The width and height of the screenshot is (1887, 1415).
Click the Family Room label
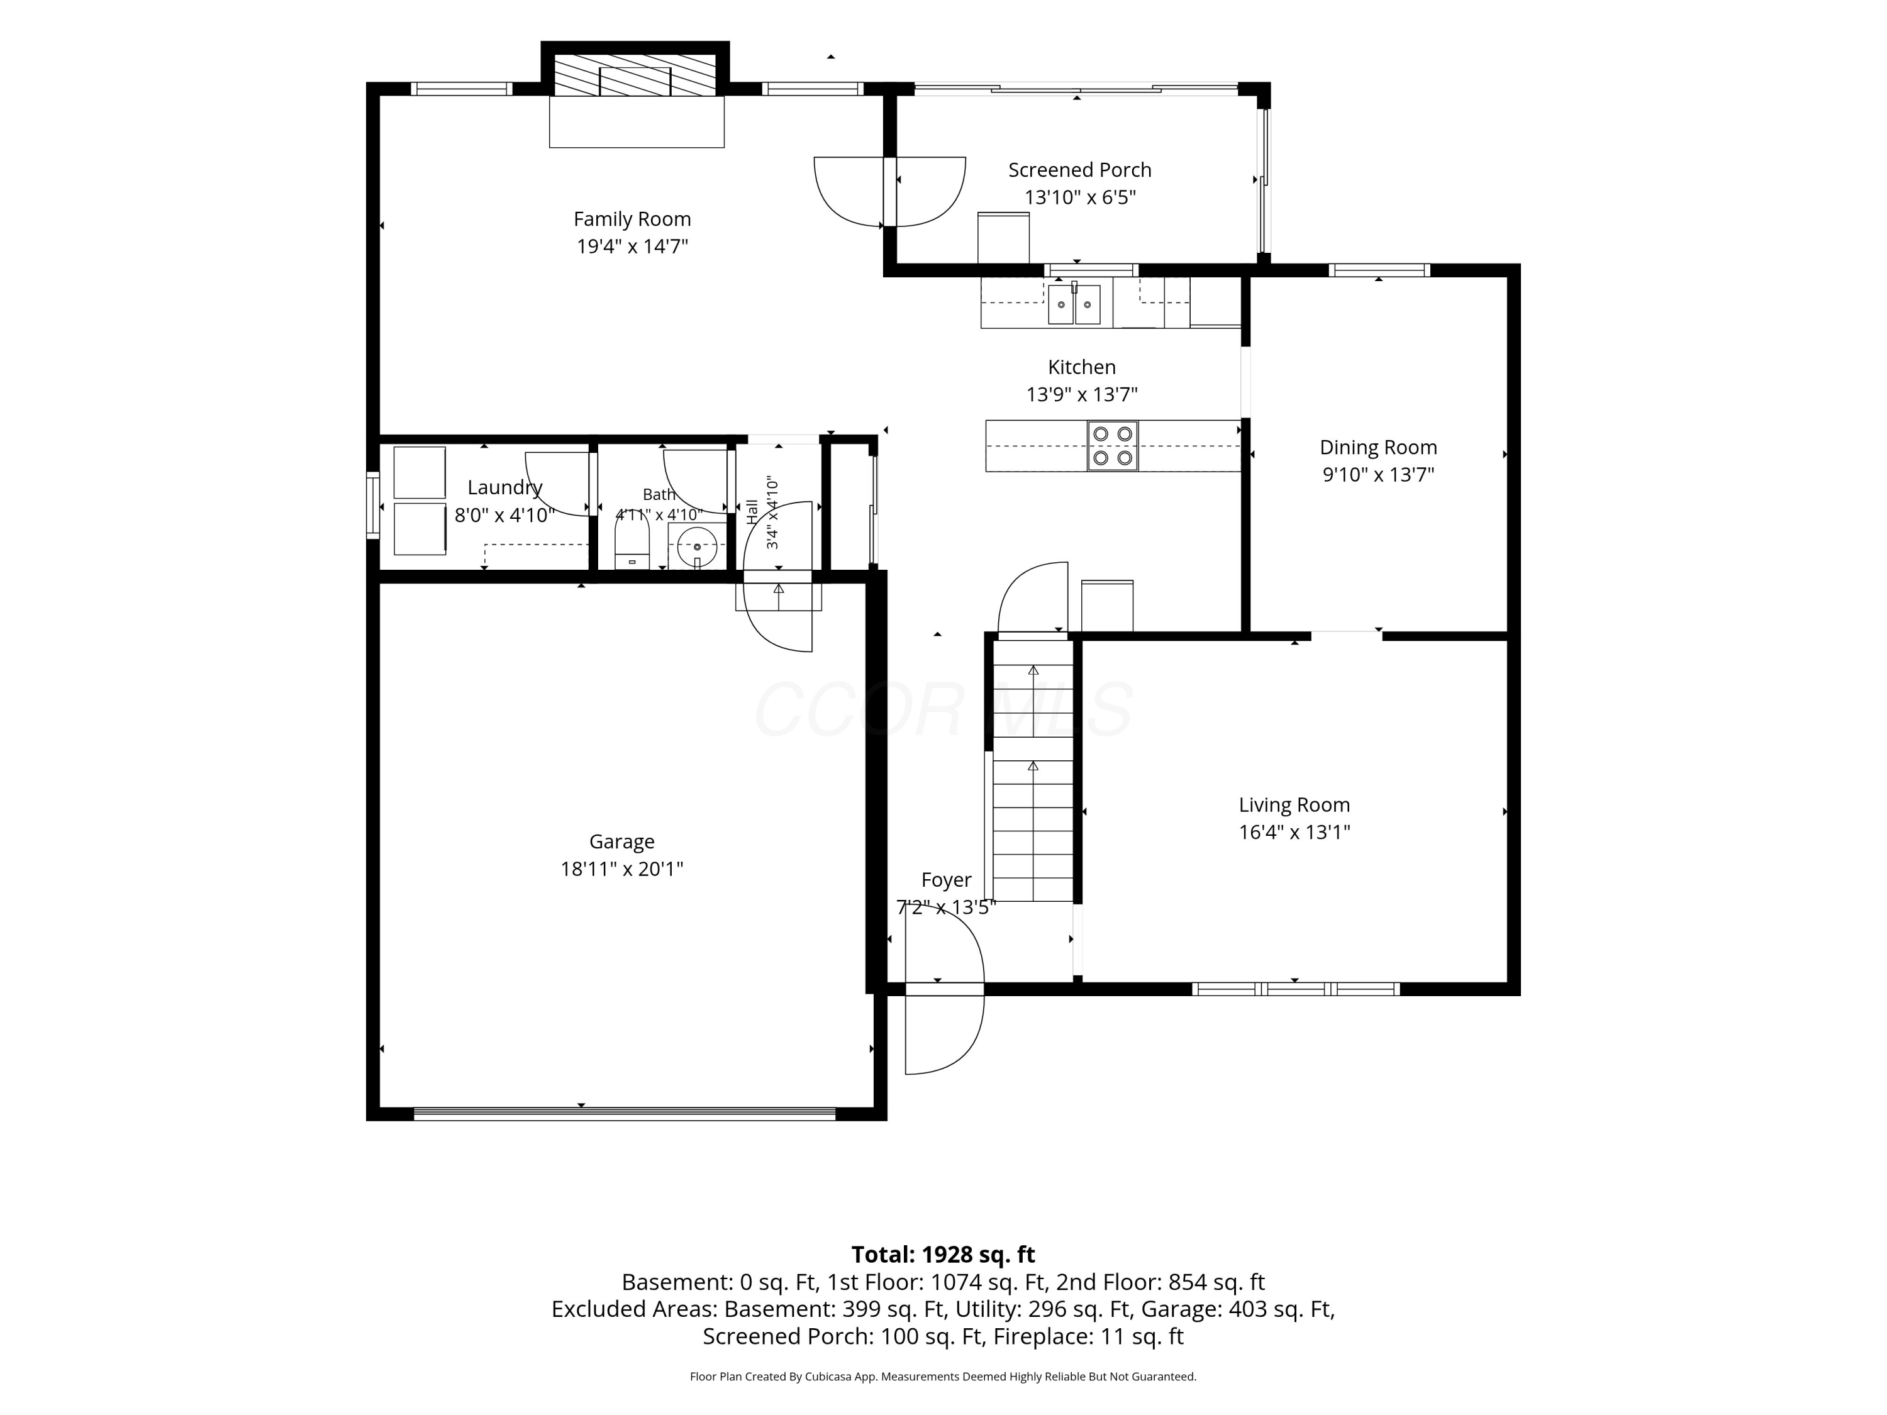pos(632,219)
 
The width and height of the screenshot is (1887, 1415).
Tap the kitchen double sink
pos(1074,304)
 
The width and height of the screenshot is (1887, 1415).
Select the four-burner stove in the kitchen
pos(1113,445)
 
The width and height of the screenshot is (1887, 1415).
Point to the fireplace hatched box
pos(635,75)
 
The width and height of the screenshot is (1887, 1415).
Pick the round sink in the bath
pos(697,547)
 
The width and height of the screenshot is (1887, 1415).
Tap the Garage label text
pos(622,842)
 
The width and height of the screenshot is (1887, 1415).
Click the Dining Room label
pos(1379,448)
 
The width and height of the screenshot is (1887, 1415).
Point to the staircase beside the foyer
pos(1033,770)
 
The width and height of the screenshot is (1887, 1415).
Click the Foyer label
pos(946,879)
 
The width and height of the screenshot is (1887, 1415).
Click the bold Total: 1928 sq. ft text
pos(943,1255)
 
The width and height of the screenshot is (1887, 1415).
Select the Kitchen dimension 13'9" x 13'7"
pos(1082,395)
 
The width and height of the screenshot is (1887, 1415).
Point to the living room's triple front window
pos(1295,989)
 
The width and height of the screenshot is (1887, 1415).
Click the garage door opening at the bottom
pos(625,1113)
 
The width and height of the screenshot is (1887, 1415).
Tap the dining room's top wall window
pos(1379,270)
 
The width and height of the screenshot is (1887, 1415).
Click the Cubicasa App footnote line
pos(943,1377)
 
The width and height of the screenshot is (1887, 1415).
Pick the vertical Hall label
pos(752,512)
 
